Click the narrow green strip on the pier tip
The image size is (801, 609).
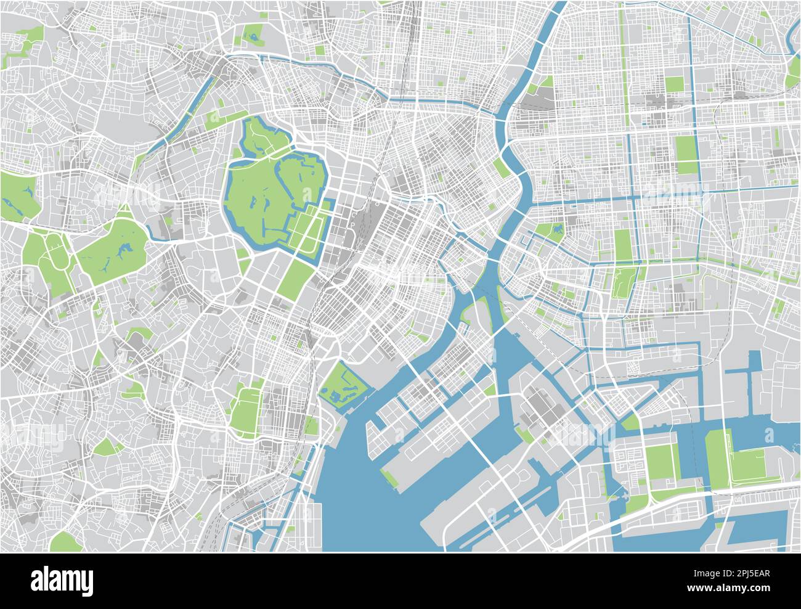pyautogui.click(x=389, y=476)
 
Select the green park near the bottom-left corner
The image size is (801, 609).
pyautogui.click(x=63, y=541)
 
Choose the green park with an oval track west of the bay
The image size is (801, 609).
pyautogui.click(x=246, y=410)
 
